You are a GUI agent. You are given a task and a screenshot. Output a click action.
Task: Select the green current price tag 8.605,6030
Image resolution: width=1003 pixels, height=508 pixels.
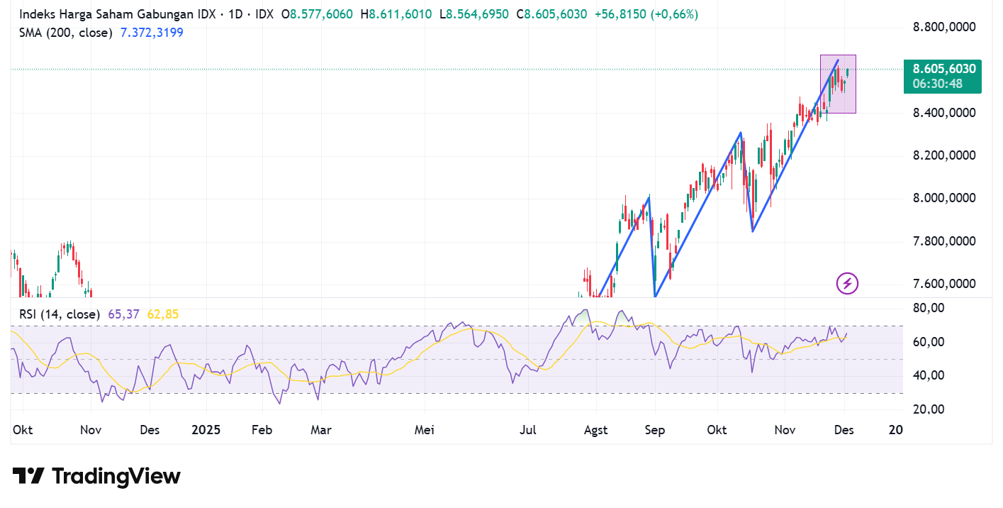943,70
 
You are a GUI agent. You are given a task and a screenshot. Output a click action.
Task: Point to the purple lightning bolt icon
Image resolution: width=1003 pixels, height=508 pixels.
848,284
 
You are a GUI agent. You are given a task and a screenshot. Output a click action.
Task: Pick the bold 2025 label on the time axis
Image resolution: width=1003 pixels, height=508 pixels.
206,430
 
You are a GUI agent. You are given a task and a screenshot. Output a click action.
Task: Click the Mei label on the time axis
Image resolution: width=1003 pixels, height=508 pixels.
424,430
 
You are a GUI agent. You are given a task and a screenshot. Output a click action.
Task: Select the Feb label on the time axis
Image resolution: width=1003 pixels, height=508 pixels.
262,430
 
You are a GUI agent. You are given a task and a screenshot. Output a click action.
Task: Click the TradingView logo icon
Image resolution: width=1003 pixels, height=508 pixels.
28,475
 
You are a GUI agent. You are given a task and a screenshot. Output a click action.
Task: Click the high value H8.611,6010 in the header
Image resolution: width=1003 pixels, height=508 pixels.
396,14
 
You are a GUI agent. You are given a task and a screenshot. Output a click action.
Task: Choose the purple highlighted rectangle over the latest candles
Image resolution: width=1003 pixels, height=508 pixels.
838,84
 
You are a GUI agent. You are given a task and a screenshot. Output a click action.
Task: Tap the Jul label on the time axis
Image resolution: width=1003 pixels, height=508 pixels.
528,430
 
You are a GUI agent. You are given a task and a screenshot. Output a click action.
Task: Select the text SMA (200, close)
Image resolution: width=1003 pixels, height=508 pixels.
66,32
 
